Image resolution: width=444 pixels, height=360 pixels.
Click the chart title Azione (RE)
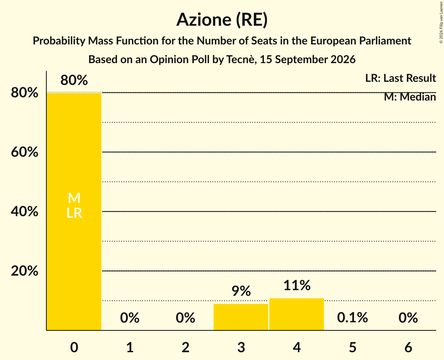click(x=222, y=20)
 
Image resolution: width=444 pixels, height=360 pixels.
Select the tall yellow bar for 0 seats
click(x=74, y=212)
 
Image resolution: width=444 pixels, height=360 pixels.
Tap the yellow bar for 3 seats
click(x=241, y=317)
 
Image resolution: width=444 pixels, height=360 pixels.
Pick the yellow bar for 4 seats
click(x=297, y=314)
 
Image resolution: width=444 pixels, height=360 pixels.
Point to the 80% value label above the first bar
click(x=74, y=80)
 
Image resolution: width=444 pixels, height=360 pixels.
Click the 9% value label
click(x=241, y=291)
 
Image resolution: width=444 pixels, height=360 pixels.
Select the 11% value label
click(x=297, y=285)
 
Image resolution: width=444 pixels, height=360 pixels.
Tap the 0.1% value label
click(x=352, y=318)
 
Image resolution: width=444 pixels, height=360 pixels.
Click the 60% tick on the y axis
click(x=24, y=152)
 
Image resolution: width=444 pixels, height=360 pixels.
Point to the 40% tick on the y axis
click(x=24, y=212)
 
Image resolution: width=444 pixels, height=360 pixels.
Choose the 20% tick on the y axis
click(x=24, y=271)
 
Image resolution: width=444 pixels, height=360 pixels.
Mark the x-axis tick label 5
click(x=352, y=348)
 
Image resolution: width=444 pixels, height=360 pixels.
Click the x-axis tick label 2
click(x=186, y=348)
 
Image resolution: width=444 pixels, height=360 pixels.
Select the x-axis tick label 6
click(x=408, y=348)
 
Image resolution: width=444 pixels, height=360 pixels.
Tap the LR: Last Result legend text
click(x=400, y=78)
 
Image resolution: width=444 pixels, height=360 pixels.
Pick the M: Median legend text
click(x=410, y=97)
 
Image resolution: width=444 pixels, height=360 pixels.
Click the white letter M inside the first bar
click(x=74, y=198)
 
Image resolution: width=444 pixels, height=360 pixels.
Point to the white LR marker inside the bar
click(x=74, y=213)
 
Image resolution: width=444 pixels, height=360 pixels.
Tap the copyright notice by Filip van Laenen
click(x=441, y=23)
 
